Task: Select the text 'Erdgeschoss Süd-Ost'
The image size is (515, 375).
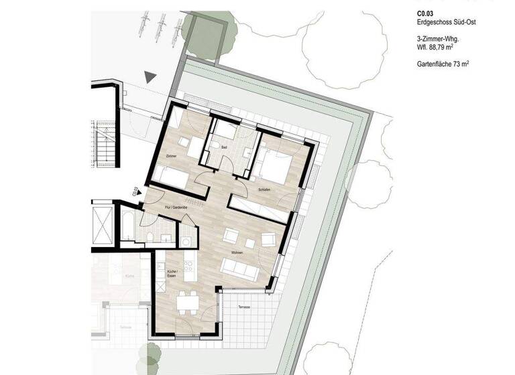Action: [445, 22]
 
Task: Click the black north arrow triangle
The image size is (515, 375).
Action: [151, 78]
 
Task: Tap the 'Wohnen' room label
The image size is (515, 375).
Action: [237, 253]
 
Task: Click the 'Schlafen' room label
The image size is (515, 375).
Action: [264, 191]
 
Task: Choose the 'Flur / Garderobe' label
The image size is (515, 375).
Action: [177, 208]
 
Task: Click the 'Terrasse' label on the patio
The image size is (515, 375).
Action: [245, 306]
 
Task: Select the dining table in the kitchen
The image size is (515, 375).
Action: [187, 303]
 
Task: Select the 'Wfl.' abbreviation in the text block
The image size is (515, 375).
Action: [423, 48]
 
